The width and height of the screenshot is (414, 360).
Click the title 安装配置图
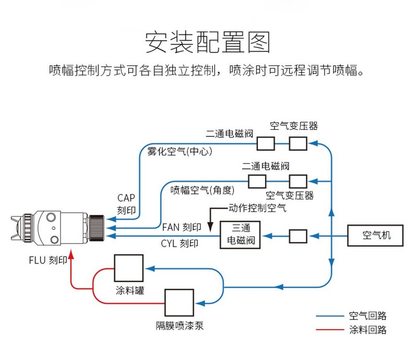click(x=207, y=42)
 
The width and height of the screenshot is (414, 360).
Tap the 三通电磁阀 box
click(x=240, y=235)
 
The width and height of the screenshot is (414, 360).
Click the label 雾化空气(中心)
click(x=179, y=152)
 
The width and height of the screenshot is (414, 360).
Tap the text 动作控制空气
click(x=257, y=208)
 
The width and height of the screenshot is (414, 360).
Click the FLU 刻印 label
click(x=47, y=261)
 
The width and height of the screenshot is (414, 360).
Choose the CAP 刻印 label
click(x=127, y=204)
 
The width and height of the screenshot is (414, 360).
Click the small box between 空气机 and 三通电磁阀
click(x=298, y=236)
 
